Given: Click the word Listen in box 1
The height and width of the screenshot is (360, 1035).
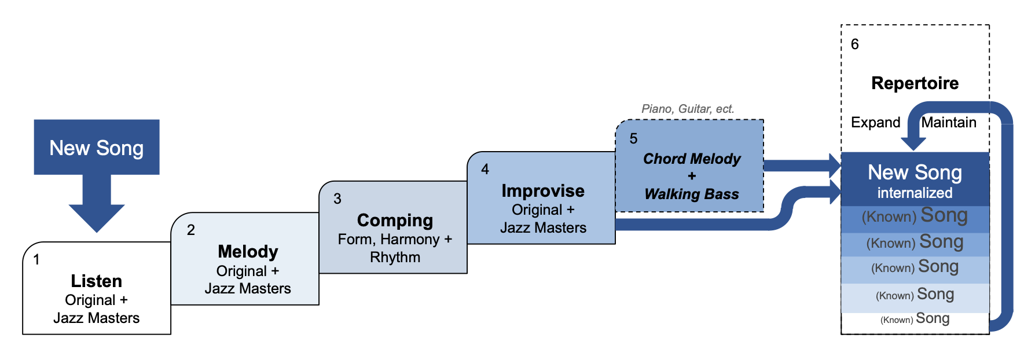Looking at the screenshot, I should (96, 281).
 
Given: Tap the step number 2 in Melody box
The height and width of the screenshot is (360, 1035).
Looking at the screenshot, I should (191, 230).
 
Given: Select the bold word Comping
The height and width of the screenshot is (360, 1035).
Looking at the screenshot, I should (395, 221).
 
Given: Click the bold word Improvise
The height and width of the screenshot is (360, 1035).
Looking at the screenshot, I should (542, 191).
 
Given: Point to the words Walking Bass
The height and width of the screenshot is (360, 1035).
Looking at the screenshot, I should (691, 194).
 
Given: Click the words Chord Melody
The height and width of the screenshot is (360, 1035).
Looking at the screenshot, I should (691, 159).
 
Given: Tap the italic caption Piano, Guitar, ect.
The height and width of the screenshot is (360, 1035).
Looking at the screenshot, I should (687, 109).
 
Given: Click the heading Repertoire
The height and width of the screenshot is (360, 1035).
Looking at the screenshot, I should (915, 83).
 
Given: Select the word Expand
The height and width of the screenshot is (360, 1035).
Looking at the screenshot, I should (875, 123).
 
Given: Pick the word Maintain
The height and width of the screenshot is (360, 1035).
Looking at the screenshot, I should (949, 123).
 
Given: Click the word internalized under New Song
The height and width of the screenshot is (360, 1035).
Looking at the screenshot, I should (915, 193).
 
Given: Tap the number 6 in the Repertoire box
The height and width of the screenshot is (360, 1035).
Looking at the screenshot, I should (854, 45).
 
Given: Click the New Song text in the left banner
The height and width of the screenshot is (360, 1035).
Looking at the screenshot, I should (97, 148).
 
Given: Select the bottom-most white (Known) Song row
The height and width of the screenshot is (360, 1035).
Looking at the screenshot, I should (915, 319).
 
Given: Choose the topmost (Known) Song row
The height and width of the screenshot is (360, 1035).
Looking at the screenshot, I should (915, 216).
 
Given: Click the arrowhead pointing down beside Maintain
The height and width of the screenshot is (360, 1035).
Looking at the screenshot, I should (913, 143).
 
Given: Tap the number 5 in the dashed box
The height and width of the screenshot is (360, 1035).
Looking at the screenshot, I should (633, 139).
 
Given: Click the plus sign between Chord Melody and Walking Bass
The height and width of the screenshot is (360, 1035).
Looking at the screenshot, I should (691, 176).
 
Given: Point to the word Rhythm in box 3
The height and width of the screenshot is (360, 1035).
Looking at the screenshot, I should (395, 258).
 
